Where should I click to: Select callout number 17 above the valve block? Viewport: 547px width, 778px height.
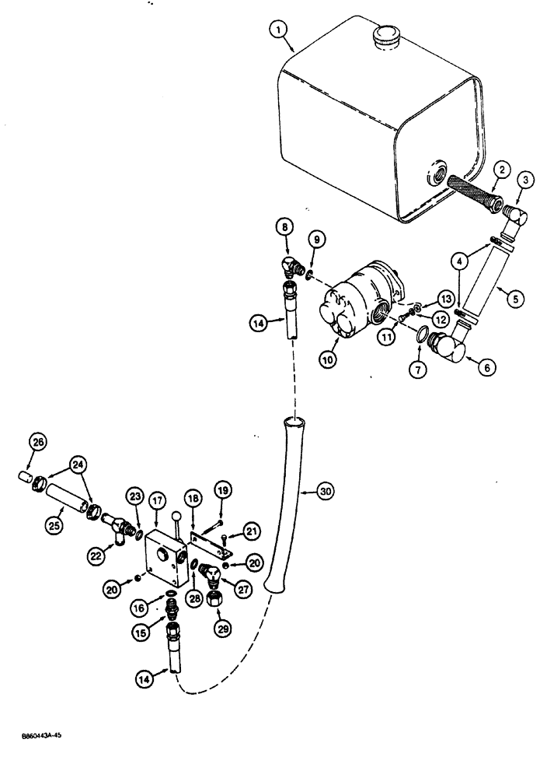157,499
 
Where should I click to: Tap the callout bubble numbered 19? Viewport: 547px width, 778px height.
223,491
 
